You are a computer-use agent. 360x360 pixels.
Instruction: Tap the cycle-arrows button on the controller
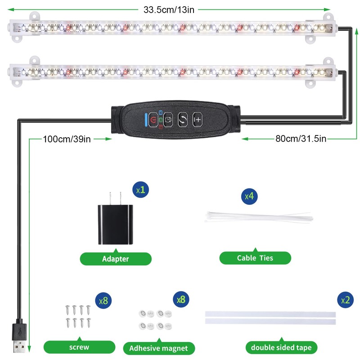[x=183, y=120]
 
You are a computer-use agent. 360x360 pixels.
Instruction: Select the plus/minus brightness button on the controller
[x=198, y=120]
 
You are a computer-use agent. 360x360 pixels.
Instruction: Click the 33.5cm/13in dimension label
[x=169, y=9]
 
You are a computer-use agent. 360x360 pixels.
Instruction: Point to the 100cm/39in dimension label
[x=67, y=139]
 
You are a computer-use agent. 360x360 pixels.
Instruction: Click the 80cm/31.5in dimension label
[x=301, y=139]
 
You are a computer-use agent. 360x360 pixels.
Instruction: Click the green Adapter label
[x=116, y=259]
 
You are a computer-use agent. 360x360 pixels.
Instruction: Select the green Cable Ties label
[x=255, y=258]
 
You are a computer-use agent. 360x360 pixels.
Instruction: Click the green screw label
[x=79, y=347]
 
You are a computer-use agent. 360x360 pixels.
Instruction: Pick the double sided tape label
[x=282, y=347]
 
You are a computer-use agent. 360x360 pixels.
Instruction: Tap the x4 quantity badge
[x=248, y=196]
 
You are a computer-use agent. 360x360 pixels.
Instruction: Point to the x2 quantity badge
[x=344, y=300]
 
